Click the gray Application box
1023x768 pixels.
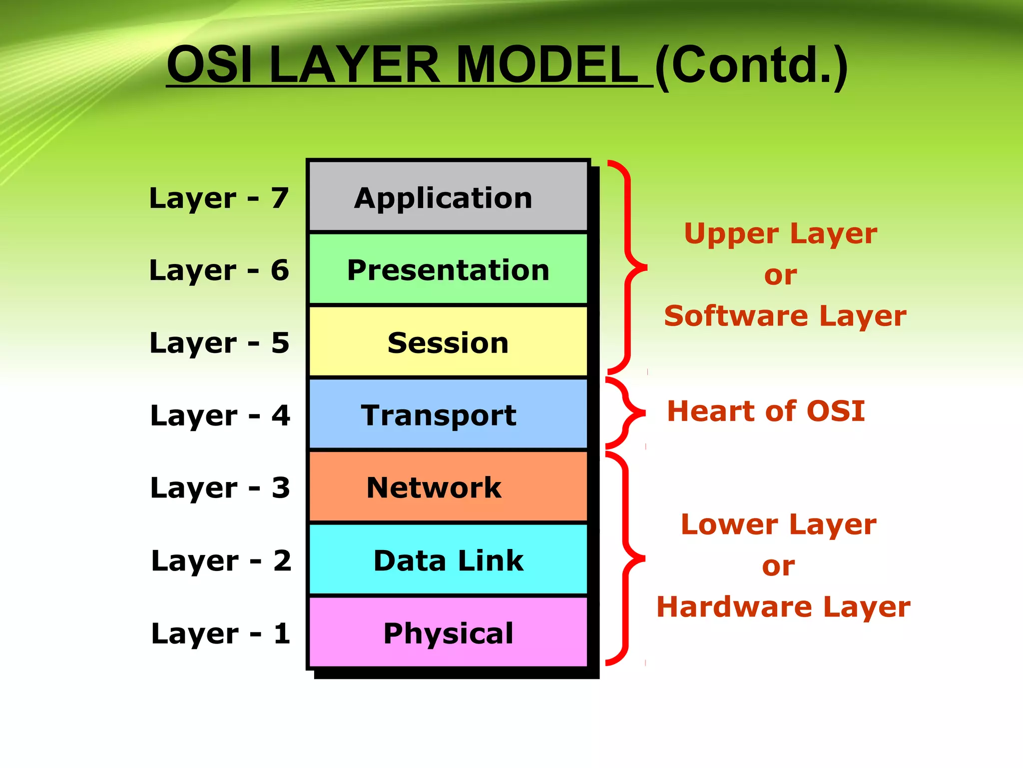coord(448,197)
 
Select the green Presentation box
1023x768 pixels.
coord(448,269)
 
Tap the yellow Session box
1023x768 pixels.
coord(448,342)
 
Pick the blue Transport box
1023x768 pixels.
coord(448,414)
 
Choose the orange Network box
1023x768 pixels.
coord(448,487)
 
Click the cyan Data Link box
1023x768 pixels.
coord(448,559)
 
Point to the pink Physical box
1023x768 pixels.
coord(448,632)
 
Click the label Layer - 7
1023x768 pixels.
coord(219,198)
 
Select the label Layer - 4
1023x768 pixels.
coord(220,415)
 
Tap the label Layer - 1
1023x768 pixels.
coord(221,633)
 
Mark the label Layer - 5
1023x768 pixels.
coord(219,343)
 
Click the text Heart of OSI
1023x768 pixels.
coord(766,411)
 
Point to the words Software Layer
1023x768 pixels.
coord(785,316)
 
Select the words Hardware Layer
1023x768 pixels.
coord(783,607)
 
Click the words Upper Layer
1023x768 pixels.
coord(780,233)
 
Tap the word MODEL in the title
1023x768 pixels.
coord(546,65)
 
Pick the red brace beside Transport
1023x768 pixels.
coord(624,413)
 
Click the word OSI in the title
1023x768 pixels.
coord(210,65)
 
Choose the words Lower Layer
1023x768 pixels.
coord(778,524)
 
